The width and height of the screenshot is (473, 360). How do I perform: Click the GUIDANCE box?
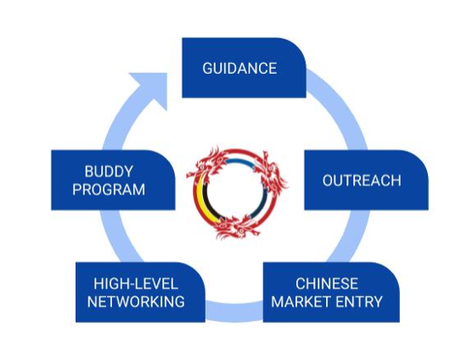[x=244, y=68]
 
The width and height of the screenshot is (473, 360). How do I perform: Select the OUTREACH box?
[x=366, y=180]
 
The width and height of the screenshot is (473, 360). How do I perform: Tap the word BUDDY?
[x=109, y=172]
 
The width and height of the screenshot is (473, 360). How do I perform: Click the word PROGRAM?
[x=109, y=189]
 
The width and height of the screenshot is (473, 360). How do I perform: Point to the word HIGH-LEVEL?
[x=136, y=284]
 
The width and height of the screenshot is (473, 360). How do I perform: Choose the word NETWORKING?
[x=136, y=301]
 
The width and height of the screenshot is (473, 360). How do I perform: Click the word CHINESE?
[x=327, y=284]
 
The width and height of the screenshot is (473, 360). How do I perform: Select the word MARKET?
[x=301, y=301]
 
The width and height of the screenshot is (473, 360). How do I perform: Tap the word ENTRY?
[x=359, y=301]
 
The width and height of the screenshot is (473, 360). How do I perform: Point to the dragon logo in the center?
[x=237, y=193]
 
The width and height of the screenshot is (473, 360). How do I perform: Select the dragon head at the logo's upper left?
[x=208, y=163]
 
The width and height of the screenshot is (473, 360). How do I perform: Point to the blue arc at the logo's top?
[x=239, y=160]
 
